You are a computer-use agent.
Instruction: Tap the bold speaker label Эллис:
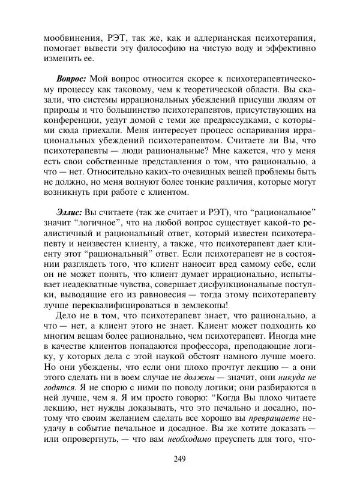[x=70, y=213]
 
